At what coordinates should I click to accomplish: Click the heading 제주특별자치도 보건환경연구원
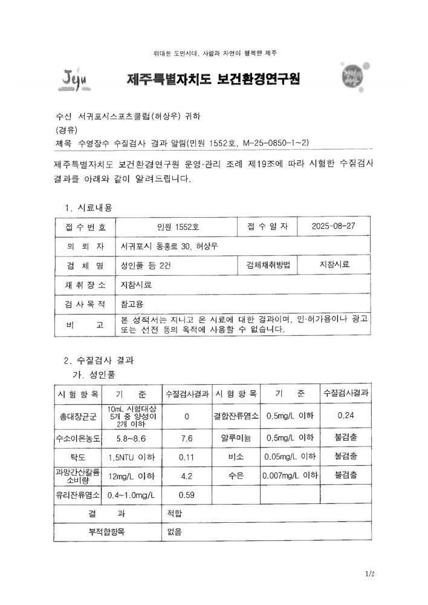coord(213,79)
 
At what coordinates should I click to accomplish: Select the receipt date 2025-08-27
coord(333,226)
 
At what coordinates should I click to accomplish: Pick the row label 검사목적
coord(85,304)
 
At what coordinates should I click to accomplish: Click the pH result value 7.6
coord(187,437)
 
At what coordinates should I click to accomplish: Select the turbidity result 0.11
coord(187,457)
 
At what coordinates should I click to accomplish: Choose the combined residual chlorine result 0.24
coord(346,415)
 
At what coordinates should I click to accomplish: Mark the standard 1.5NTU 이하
coord(132,457)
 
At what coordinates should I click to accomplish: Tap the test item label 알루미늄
coord(236,437)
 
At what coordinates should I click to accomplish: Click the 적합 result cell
coord(175,514)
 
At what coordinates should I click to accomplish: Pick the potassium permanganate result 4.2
coord(187,476)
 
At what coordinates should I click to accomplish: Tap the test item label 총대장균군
coord(78,416)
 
